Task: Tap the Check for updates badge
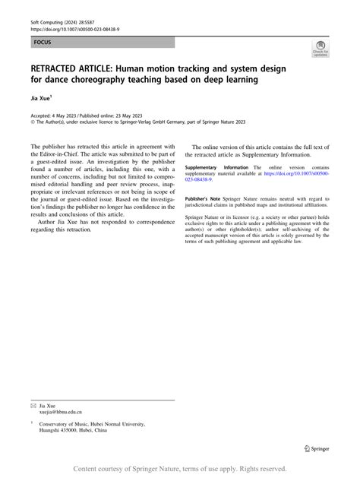click(x=320, y=49)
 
